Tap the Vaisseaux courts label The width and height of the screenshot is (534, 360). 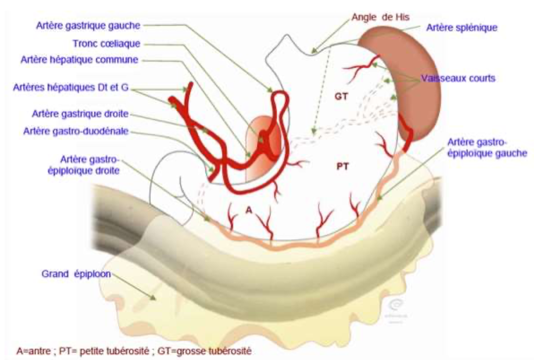[450, 78]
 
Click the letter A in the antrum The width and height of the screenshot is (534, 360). [248, 210]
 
